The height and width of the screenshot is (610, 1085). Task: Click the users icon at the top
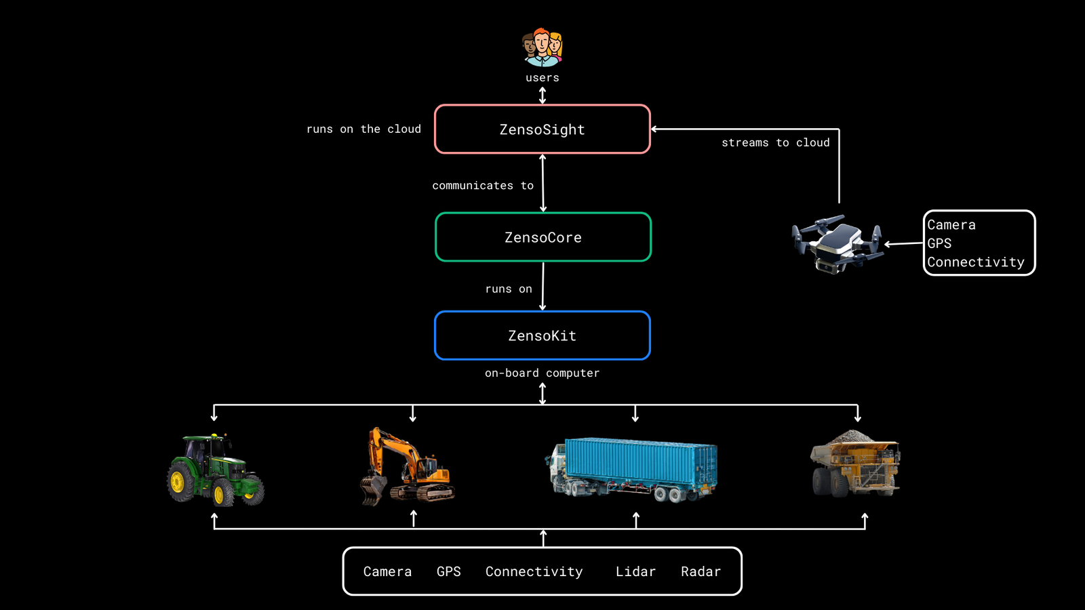pos(542,47)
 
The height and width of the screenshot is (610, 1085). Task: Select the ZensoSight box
pos(542,129)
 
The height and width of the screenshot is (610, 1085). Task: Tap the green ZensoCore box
pos(543,237)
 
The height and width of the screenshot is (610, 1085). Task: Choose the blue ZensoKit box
pos(542,335)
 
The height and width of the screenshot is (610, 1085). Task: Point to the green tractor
pos(215,470)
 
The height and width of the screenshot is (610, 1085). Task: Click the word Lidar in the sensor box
pos(635,571)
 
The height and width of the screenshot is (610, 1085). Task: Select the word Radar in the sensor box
pos(701,571)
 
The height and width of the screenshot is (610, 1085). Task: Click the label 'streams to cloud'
pos(775,142)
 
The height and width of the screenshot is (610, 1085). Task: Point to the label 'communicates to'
pos(483,186)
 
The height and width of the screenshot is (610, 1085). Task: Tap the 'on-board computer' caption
pos(542,373)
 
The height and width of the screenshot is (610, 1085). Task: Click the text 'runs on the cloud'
pos(363,129)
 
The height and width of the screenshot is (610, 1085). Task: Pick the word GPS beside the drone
pos(939,243)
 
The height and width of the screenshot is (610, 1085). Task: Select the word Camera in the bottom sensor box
pos(387,571)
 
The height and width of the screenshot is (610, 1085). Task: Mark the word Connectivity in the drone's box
pos(976,262)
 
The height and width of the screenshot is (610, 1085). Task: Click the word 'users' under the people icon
pos(542,78)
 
